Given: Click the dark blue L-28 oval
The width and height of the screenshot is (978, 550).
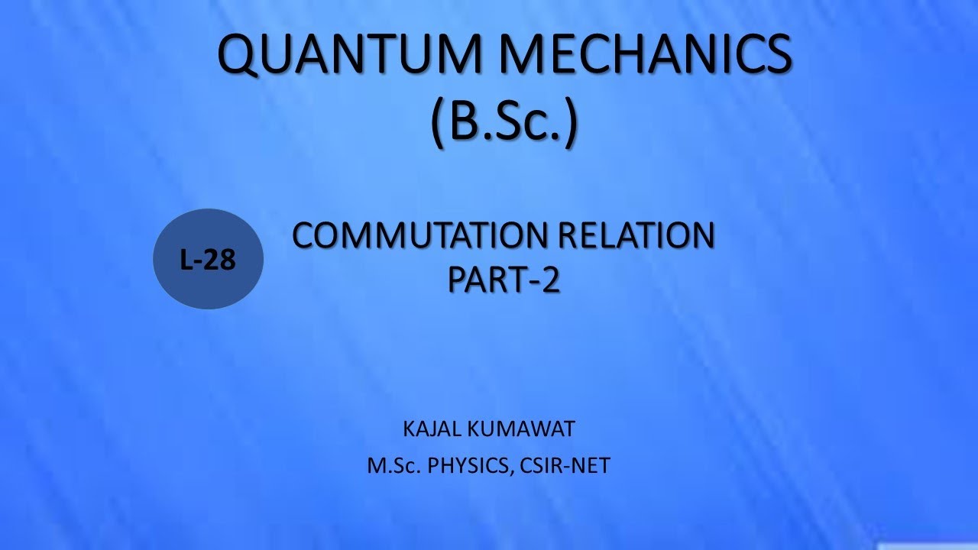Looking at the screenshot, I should tap(209, 259).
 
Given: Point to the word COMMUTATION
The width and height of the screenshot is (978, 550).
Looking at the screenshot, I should tap(416, 237).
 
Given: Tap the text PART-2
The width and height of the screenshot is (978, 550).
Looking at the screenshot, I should tap(504, 280).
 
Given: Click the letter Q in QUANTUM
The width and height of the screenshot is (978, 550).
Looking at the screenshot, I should tap(241, 57).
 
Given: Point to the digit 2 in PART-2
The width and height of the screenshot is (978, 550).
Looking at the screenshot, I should tap(551, 280).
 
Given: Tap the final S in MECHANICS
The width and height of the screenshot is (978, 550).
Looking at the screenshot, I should tap(772, 55).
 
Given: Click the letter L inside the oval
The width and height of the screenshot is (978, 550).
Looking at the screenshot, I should tap(186, 260).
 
